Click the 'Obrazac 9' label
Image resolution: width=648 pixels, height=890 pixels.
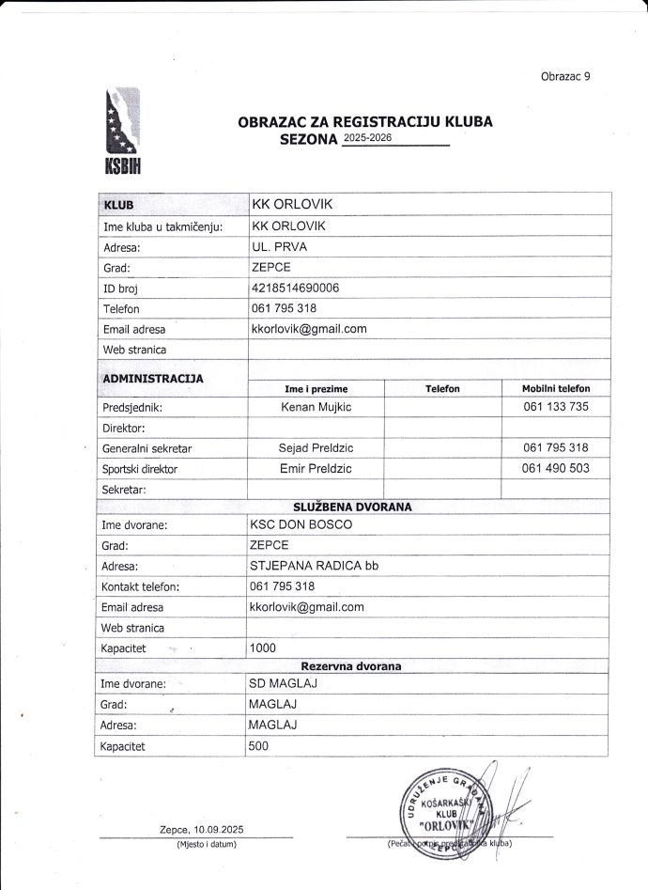click(x=565, y=76)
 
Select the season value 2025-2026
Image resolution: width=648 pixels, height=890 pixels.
click(x=368, y=138)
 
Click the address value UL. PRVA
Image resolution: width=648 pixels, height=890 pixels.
click(x=280, y=246)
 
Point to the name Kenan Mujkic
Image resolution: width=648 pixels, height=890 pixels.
click(x=316, y=407)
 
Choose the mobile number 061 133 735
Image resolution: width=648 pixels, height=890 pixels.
click(x=556, y=407)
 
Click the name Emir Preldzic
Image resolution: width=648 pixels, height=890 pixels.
click(x=316, y=468)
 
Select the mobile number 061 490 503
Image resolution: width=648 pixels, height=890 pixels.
click(x=556, y=468)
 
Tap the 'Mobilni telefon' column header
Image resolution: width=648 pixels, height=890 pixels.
click(x=556, y=388)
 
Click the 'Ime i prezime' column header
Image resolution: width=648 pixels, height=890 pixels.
click(x=316, y=388)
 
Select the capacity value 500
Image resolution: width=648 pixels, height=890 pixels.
click(x=258, y=746)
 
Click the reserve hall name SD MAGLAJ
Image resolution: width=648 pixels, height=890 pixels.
click(x=283, y=683)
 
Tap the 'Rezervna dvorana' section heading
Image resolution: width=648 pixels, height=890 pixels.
click(x=351, y=666)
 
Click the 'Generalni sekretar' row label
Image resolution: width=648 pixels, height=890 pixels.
click(x=147, y=448)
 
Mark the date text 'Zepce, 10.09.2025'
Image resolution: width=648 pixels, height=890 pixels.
click(x=202, y=829)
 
